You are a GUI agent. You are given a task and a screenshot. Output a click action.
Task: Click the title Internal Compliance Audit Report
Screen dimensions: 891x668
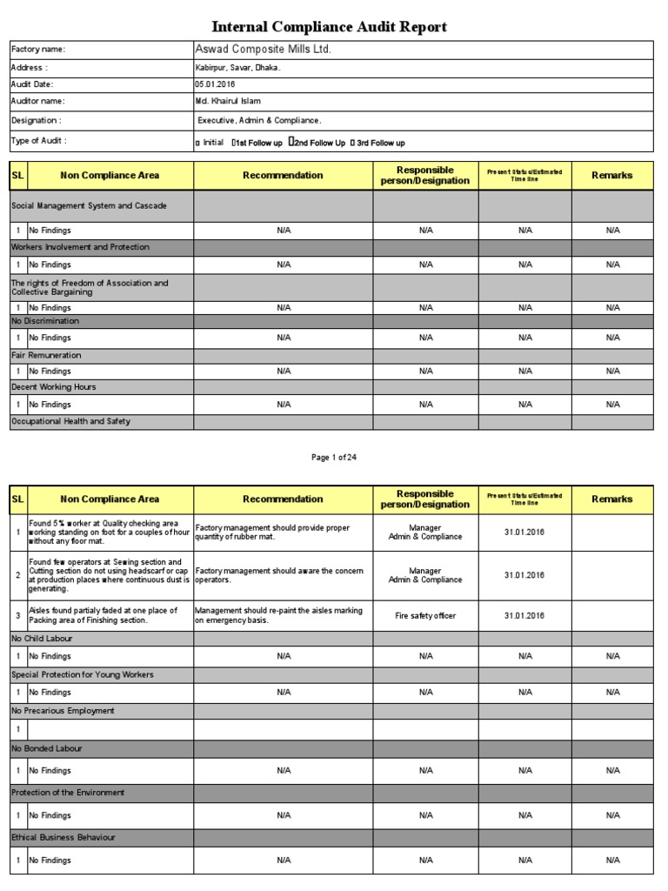coord(330,27)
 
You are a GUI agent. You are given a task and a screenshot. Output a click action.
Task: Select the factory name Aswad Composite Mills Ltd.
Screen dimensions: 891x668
coord(264,50)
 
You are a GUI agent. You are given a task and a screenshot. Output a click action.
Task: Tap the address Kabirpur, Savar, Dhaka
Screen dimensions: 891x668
coord(237,68)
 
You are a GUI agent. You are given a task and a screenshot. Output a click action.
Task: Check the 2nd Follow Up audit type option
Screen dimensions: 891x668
coord(317,143)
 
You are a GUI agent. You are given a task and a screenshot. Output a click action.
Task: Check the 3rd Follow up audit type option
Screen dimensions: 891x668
coord(377,143)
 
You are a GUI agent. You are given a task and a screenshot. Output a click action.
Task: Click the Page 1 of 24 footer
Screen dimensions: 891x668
coord(334,458)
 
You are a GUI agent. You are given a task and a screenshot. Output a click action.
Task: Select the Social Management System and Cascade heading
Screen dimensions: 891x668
coord(89,206)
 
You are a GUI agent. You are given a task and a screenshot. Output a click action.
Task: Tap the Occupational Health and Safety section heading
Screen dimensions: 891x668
coord(70,422)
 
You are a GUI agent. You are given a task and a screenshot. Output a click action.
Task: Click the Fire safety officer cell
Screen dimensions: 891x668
coord(425,616)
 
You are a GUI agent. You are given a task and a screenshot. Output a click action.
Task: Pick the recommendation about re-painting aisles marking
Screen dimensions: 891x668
coord(279,616)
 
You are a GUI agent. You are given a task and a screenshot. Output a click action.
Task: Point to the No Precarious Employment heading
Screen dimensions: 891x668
coord(63,711)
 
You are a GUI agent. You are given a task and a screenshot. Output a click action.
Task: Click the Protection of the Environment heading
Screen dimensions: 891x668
coord(68,793)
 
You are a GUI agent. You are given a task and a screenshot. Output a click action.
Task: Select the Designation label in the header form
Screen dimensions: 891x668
coord(37,121)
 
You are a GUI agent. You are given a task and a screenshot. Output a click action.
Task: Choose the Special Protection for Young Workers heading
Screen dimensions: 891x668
coord(82,674)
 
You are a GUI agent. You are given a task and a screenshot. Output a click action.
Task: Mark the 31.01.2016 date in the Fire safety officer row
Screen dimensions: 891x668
coord(524,616)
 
